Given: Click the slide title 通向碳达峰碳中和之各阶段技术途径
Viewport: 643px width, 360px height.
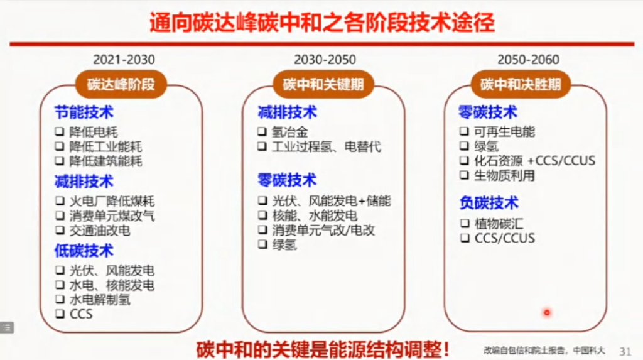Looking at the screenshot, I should pyautogui.click(x=321, y=23).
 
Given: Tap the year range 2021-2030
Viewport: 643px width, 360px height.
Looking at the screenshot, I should pyautogui.click(x=124, y=60).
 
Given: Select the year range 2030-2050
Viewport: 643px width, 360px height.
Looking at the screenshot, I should pyautogui.click(x=325, y=60).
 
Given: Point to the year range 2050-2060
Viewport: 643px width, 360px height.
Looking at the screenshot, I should pyautogui.click(x=528, y=60).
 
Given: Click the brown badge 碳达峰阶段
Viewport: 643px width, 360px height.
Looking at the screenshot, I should pyautogui.click(x=121, y=84).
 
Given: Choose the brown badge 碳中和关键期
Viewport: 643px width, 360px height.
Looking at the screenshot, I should pyautogui.click(x=323, y=84).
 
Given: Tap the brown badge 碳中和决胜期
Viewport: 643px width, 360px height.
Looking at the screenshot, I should pyautogui.click(x=521, y=84).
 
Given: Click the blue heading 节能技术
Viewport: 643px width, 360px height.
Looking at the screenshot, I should pyautogui.click(x=84, y=112).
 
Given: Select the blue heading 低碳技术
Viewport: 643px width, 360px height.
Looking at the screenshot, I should pyautogui.click(x=84, y=251).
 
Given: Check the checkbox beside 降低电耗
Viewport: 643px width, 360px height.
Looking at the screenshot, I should pyautogui.click(x=59, y=132).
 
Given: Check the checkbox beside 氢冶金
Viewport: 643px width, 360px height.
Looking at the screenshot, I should pyautogui.click(x=262, y=132).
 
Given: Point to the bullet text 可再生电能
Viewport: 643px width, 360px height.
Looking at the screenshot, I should pyautogui.click(x=504, y=132).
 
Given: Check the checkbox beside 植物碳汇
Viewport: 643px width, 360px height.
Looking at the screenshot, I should pyautogui.click(x=465, y=223).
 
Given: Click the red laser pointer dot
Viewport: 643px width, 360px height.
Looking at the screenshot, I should pyautogui.click(x=546, y=312).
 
